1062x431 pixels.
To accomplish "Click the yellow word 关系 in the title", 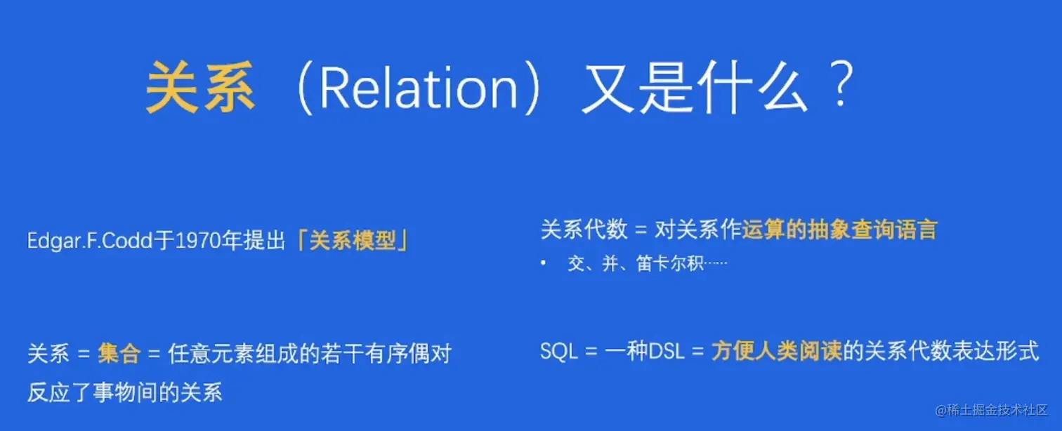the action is click(201, 88).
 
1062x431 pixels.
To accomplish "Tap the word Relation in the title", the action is click(419, 88).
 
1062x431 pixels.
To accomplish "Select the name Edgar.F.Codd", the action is click(90, 241).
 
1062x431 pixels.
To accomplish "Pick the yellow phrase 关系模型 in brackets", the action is click(353, 241).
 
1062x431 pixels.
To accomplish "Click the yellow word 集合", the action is click(119, 353).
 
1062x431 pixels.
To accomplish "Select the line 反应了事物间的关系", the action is click(125, 392).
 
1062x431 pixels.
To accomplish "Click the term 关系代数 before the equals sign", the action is click(584, 230).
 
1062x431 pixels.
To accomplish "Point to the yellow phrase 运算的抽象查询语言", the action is click(839, 230).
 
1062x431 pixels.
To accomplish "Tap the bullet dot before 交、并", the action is click(544, 263).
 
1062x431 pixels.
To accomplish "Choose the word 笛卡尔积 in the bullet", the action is click(669, 263).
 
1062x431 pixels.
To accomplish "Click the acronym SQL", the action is click(559, 352).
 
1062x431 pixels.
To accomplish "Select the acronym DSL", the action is click(666, 352).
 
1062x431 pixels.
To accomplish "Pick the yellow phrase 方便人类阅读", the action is click(776, 352).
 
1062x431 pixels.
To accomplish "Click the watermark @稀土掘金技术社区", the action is click(991, 410).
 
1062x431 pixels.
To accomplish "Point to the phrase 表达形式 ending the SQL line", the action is click(995, 352).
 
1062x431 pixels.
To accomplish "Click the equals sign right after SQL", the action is click(591, 352).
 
